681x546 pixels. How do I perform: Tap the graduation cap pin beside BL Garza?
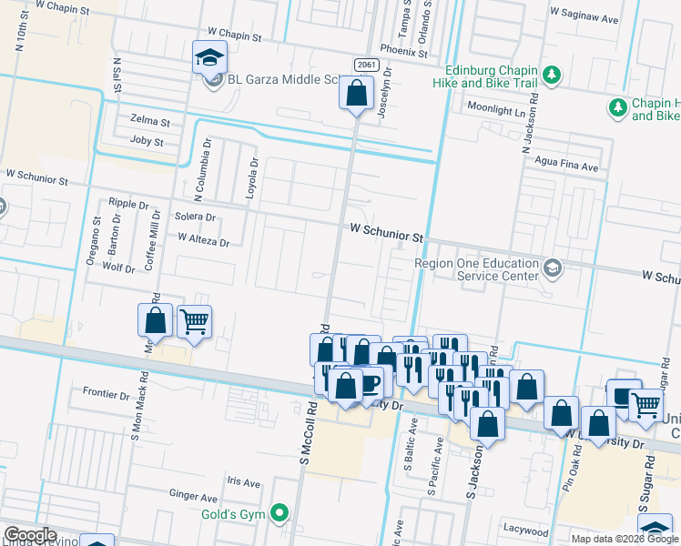click(209, 57)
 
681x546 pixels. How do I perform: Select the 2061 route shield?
click(367, 63)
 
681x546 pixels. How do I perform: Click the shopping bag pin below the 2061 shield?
click(357, 92)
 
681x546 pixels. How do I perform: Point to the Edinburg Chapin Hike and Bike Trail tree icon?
click(550, 73)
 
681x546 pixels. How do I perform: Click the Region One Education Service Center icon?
click(553, 268)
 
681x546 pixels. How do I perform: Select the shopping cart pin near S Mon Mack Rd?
click(194, 321)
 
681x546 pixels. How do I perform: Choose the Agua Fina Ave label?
click(567, 167)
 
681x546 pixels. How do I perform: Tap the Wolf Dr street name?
click(118, 268)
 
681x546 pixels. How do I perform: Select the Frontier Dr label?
click(106, 394)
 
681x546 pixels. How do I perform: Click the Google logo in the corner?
click(29, 535)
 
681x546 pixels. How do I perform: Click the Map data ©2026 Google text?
click(624, 539)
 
